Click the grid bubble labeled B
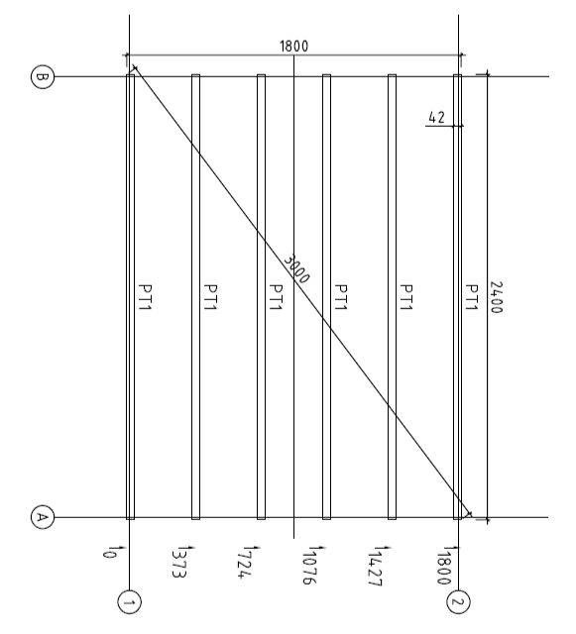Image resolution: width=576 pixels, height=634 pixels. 42,76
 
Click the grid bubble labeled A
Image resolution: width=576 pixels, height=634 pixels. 42,517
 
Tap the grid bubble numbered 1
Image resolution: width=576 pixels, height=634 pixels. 129,603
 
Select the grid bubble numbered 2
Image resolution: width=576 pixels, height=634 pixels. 458,602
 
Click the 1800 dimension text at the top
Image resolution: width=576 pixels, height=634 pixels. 293,47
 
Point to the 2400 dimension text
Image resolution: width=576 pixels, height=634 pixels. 496,297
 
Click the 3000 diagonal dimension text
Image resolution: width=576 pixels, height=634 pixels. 296,268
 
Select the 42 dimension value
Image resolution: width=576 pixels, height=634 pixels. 436,118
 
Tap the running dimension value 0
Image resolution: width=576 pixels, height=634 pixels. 108,553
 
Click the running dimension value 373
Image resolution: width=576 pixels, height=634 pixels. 178,564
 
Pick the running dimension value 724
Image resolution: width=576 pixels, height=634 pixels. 244,564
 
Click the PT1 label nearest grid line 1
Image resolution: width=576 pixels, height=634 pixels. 145,297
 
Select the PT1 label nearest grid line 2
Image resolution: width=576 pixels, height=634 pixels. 472,297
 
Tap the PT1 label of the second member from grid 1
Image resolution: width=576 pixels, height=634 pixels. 210,297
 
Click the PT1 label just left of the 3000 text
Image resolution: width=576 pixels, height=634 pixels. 276,297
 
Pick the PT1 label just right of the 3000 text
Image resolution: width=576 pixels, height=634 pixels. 341,297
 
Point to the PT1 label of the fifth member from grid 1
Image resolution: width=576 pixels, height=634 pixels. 406,297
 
